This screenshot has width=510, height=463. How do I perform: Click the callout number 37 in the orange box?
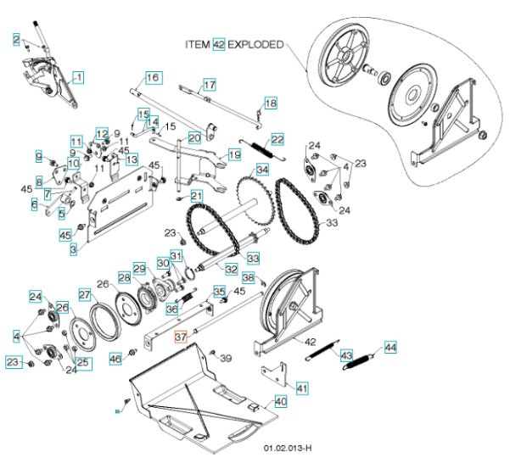(x=180, y=337)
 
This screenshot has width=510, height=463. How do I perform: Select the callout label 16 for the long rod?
(x=152, y=78)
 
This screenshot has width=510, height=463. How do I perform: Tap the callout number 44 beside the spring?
(x=390, y=347)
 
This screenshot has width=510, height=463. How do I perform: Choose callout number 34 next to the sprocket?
(x=262, y=170)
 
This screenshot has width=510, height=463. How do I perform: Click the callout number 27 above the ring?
(x=84, y=294)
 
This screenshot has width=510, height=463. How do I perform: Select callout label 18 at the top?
(x=270, y=103)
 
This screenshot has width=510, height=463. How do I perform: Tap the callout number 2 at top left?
(x=15, y=38)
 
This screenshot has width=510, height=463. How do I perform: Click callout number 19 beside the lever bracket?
(x=234, y=155)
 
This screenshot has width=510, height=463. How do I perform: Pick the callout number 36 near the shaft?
(x=171, y=310)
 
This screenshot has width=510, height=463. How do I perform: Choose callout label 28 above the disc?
(x=125, y=277)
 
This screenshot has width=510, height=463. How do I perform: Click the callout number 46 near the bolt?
(x=115, y=359)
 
